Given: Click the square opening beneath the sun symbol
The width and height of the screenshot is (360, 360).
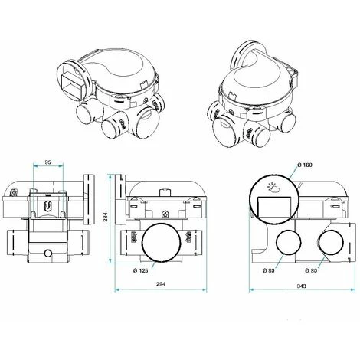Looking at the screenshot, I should coord(273,208).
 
